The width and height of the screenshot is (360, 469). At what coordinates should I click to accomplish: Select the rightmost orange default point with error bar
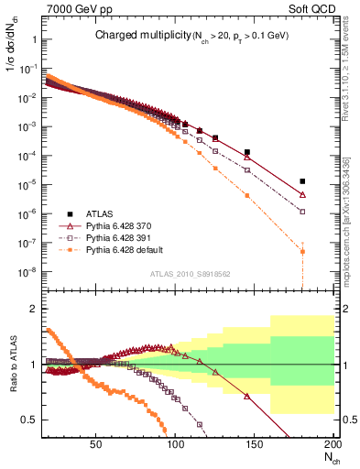pos(302,251)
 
